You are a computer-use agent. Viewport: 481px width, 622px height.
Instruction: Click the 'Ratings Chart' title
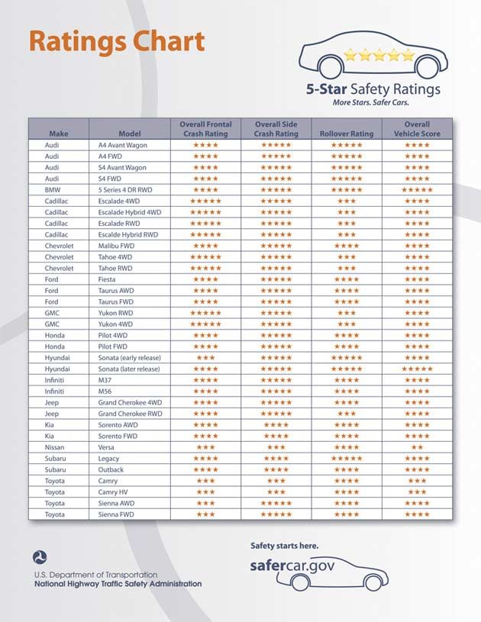(117, 41)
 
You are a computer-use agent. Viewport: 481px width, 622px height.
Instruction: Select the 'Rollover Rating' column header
(347, 134)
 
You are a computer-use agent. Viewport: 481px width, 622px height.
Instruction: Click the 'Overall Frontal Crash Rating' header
(205, 128)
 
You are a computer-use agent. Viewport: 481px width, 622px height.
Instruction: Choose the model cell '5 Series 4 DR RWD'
(126, 189)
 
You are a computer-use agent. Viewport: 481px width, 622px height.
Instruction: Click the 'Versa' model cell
(107, 446)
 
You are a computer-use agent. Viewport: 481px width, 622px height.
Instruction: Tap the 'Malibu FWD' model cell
(116, 246)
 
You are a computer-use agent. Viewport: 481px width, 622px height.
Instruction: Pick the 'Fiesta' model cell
(108, 279)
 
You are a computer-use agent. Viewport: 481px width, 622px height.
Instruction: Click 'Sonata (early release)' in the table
(129, 357)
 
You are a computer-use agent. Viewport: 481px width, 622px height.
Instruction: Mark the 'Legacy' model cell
(109, 458)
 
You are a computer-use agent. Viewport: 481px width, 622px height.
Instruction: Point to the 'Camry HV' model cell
(113, 491)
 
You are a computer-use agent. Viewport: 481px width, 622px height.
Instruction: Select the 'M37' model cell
(105, 379)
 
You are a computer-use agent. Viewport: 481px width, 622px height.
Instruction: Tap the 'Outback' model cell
(111, 469)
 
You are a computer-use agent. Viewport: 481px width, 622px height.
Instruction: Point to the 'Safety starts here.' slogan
(284, 546)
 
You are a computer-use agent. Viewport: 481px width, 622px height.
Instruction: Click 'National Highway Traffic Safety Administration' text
(118, 584)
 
